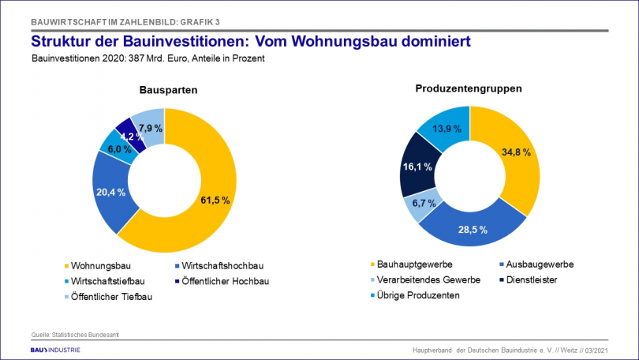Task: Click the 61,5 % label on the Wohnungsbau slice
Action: [x=214, y=201]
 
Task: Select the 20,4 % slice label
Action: [x=110, y=192]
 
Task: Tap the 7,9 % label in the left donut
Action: [x=150, y=128]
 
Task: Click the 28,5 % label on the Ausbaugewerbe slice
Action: [x=471, y=230]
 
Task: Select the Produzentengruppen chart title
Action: [x=469, y=88]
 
